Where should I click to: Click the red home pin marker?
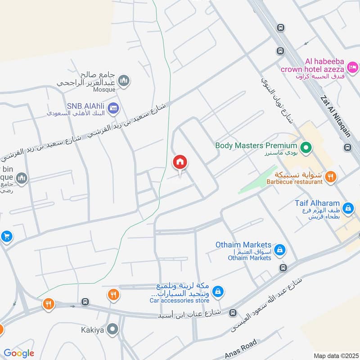pos(180,162)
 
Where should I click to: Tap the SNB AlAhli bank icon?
pos(113,108)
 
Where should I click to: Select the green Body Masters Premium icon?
pos(306,147)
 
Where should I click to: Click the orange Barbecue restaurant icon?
pos(331,176)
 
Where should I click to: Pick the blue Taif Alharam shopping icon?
pos(347,208)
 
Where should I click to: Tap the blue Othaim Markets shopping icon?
pos(280,249)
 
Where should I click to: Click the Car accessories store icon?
pos(218,292)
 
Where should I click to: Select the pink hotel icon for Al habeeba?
pos(353,68)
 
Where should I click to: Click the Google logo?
pos(19,353)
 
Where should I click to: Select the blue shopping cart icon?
pos(6,236)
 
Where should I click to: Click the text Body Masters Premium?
pos(256,145)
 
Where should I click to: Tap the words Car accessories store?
pos(180,300)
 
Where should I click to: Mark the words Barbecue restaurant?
pos(294,182)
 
